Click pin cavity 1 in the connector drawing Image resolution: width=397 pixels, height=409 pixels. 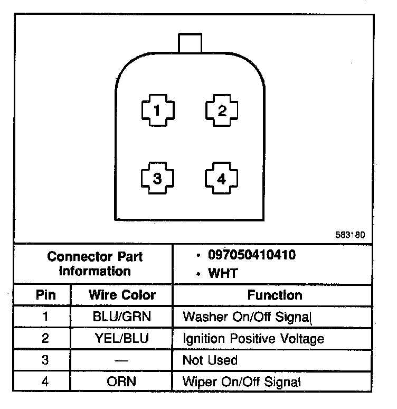(157, 111)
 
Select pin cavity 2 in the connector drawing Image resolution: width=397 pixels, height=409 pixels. (222, 111)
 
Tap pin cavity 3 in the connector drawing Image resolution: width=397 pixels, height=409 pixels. (157, 179)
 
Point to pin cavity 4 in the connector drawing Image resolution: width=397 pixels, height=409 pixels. (222, 179)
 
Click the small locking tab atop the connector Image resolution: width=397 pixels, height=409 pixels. (190, 43)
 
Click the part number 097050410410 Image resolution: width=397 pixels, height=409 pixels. (252, 255)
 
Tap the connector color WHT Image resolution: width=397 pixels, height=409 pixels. (223, 273)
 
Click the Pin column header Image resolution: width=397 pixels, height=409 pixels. (45, 295)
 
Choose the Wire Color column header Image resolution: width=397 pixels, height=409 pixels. (122, 295)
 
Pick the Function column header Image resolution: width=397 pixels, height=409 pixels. (275, 295)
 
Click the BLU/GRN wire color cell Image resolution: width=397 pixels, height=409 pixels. (122, 317)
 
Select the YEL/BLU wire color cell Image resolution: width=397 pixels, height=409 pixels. (122, 339)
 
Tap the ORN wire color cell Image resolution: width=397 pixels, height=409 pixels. (122, 382)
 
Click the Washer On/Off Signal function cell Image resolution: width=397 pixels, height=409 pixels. (247, 317)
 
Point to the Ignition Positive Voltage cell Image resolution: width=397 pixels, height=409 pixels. (253, 339)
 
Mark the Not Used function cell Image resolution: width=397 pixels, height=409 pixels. (210, 360)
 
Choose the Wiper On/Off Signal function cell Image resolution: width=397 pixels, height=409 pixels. (241, 382)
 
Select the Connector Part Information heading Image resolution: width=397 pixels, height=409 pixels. (95, 264)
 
